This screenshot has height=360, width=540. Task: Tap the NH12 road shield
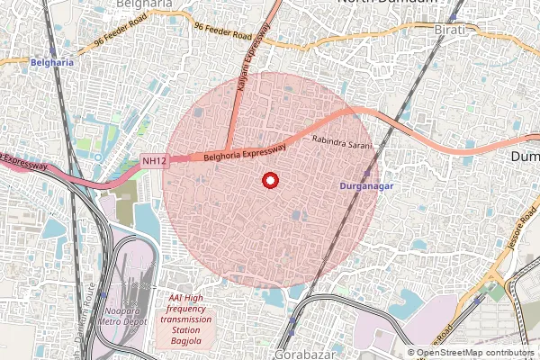pos(155,161)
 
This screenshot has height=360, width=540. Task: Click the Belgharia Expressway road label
pos(245,151)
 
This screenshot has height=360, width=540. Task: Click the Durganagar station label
pos(368,185)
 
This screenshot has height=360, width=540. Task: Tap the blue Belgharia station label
pos(50,63)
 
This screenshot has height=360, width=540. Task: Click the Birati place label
pos(453,30)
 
